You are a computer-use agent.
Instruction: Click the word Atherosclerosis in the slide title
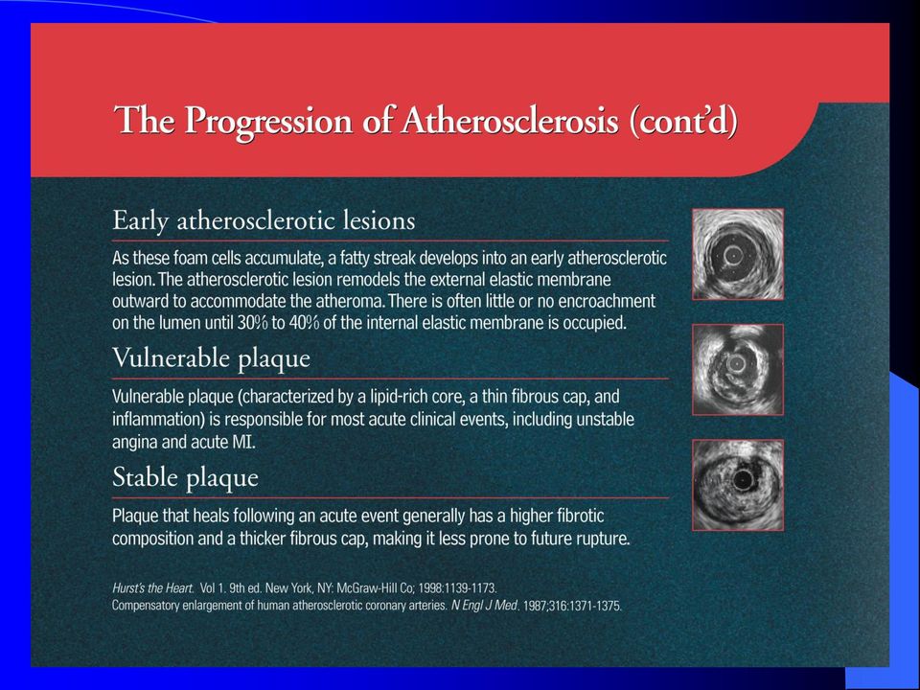tap(510, 121)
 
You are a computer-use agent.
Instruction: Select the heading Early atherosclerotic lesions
tap(264, 221)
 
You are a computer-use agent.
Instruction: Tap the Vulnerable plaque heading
tap(211, 358)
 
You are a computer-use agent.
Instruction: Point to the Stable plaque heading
tap(185, 477)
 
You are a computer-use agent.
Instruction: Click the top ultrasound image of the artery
tap(738, 254)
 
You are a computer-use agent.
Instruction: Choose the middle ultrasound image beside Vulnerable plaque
tap(738, 370)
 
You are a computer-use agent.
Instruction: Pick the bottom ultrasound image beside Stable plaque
tap(738, 485)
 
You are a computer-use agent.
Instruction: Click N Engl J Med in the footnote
tap(485, 606)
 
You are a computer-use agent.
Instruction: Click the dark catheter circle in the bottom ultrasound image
tap(743, 480)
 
